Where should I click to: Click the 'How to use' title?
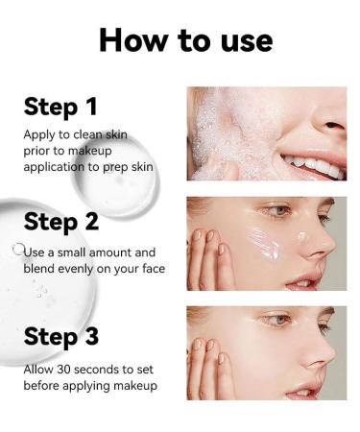point(185,40)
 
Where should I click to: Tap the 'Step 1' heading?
point(60,107)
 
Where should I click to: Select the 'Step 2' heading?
point(61,222)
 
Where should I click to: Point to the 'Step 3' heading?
point(61,336)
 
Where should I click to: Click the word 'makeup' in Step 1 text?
point(90,151)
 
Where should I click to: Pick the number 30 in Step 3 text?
point(63,370)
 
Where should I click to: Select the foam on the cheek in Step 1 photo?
point(221,137)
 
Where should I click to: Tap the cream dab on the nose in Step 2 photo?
point(302,237)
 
